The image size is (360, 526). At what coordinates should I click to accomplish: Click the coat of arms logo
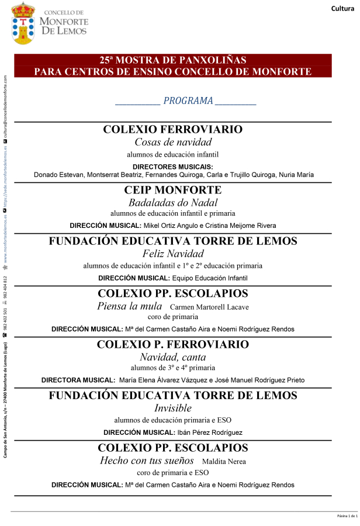[23, 23]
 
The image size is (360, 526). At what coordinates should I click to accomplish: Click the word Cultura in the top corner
[343, 8]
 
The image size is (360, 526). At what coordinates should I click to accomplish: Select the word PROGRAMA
[188, 101]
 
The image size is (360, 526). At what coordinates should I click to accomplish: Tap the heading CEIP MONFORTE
[173, 190]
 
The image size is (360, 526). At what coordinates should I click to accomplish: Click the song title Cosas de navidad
[173, 142]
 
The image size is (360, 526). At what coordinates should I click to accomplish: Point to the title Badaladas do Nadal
[173, 203]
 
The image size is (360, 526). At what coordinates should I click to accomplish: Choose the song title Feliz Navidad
[173, 254]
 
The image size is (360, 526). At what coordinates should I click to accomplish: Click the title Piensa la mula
[130, 306]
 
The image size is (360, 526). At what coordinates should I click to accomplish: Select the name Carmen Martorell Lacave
[209, 307]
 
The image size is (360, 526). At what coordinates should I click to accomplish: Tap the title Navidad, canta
[173, 357]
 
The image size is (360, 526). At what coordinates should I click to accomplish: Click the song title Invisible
[173, 408]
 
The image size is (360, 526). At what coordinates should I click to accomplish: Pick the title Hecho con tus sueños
[147, 461]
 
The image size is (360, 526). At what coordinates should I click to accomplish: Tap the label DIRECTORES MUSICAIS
[173, 167]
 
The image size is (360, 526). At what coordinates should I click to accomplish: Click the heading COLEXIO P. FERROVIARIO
[173, 344]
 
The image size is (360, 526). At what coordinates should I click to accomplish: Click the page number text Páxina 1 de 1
[348, 516]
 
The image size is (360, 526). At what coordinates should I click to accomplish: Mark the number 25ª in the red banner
[106, 60]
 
